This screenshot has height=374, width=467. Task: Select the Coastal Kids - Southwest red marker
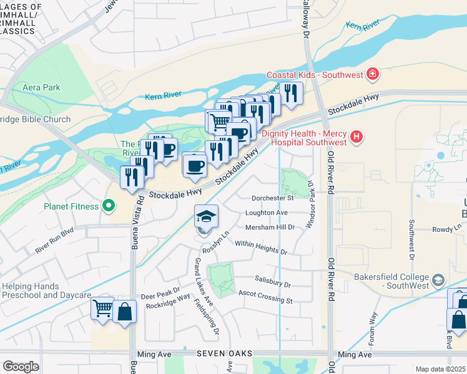pyautogui.click(x=373, y=75)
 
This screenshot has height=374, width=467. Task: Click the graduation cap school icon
pyautogui.click(x=207, y=216)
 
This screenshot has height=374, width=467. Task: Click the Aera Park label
pyautogui.click(x=41, y=88)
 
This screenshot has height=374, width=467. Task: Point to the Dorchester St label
pyautogui.click(x=272, y=198)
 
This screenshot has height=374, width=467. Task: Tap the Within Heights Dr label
pyautogui.click(x=261, y=247)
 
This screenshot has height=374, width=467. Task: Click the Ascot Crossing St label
pyautogui.click(x=265, y=297)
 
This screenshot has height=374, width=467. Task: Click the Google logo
pyautogui.click(x=21, y=367)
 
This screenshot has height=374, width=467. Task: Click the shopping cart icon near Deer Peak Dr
pyautogui.click(x=102, y=308)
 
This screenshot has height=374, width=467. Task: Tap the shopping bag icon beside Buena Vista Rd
pyautogui.click(x=125, y=311)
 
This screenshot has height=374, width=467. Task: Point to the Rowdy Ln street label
pyautogui.click(x=446, y=229)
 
